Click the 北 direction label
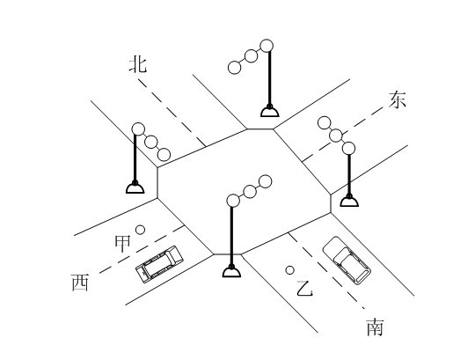pos(138,65)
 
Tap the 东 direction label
pos(398,99)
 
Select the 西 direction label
pos(80,283)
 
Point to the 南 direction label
pos(375,327)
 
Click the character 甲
pos(122,244)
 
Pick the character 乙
pos(304,289)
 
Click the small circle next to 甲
pos(141,230)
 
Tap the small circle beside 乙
pos(290,270)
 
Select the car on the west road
pos(159,264)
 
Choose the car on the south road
pos(347,261)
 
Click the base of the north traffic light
pos(270,111)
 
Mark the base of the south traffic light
pos(231,271)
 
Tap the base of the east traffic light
pos(349,201)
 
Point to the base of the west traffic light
pos(135,187)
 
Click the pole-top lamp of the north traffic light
pos(267,46)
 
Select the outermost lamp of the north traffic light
pos(234,68)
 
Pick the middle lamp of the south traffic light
pos(250,191)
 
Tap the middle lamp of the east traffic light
pos(336,136)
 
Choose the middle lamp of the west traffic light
pos(151,142)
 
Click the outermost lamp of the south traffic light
pos(266,181)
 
